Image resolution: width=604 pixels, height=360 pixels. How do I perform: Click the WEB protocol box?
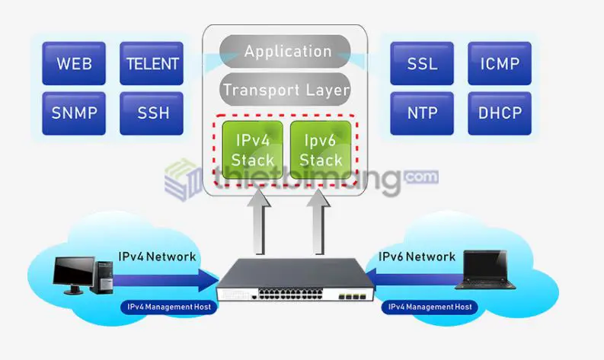75,62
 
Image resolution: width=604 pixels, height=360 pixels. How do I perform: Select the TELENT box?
152,62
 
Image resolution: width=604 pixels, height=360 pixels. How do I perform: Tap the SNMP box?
75,113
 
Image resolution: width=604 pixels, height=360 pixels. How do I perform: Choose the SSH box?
152,113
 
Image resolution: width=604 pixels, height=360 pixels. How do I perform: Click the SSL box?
422,62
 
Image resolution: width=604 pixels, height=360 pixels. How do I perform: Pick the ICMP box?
500,62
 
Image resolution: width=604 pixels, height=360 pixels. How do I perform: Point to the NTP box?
422,113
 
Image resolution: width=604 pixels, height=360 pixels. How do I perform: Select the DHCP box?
500,113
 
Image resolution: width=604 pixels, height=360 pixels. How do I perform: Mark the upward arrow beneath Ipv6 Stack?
318,225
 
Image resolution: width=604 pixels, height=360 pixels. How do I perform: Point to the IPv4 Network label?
157,256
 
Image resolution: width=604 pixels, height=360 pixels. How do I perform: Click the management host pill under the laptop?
430,307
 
